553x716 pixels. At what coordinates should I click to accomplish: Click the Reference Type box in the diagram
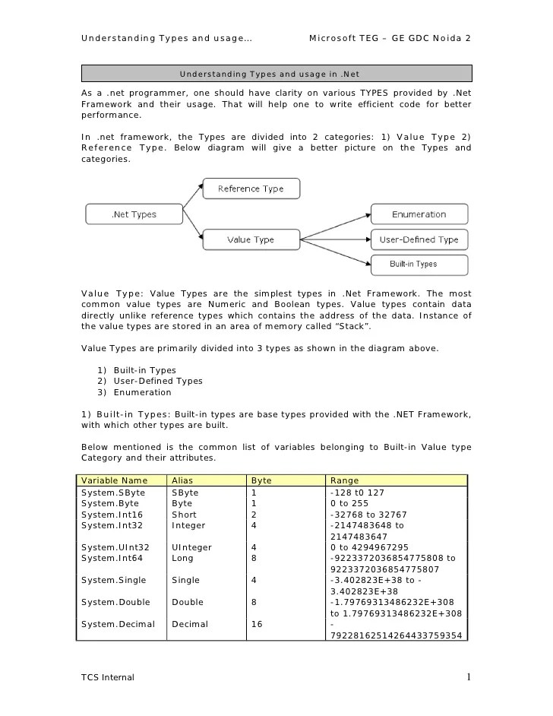251,189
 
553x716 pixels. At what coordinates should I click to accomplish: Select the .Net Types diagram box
134,214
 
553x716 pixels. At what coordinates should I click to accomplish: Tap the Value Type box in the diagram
251,239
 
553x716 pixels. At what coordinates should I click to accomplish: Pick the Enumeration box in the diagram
419,214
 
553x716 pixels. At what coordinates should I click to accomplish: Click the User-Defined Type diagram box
419,239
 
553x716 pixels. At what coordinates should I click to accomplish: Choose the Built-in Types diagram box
419,265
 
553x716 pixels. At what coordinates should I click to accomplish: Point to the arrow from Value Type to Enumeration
334,227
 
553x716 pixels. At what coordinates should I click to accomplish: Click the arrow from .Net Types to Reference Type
192,195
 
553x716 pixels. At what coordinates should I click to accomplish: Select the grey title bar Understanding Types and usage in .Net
276,74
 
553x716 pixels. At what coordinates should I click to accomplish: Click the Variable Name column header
115,481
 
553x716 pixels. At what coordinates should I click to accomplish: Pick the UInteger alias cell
192,547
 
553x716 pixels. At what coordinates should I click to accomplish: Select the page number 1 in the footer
469,676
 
